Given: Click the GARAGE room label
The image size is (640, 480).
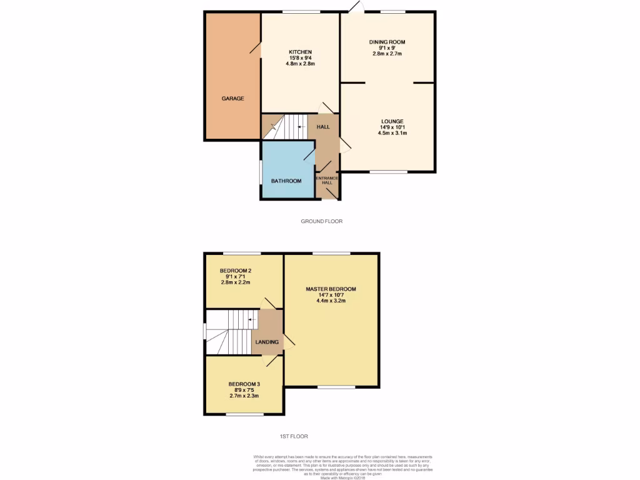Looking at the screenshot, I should pyautogui.click(x=232, y=99).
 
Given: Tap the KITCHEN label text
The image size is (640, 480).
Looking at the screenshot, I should pyautogui.click(x=300, y=52).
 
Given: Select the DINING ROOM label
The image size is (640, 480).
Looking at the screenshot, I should pyautogui.click(x=387, y=42).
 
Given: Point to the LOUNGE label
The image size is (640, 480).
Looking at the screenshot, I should pyautogui.click(x=392, y=121).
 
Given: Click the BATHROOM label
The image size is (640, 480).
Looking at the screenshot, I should pyautogui.click(x=286, y=181).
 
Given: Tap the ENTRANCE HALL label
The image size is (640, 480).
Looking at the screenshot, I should pyautogui.click(x=327, y=181).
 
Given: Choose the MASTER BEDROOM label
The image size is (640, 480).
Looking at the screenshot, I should pyautogui.click(x=331, y=289).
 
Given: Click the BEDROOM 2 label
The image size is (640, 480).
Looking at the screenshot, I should pyautogui.click(x=235, y=271).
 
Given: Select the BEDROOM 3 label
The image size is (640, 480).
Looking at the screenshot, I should pyautogui.click(x=244, y=384).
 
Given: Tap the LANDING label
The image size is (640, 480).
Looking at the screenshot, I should pyautogui.click(x=267, y=342).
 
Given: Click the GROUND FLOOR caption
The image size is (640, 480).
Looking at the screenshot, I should pyautogui.click(x=322, y=221).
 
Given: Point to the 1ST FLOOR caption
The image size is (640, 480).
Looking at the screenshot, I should pyautogui.click(x=293, y=436).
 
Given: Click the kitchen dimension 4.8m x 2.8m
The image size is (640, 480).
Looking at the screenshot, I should pyautogui.click(x=300, y=64).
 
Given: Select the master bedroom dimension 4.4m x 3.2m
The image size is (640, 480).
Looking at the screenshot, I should pyautogui.click(x=331, y=301).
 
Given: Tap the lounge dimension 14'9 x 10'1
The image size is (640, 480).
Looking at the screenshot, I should pyautogui.click(x=392, y=127).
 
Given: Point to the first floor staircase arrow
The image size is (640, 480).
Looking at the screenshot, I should pyautogui.click(x=252, y=321).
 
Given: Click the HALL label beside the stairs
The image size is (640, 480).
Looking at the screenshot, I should pyautogui.click(x=323, y=127).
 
